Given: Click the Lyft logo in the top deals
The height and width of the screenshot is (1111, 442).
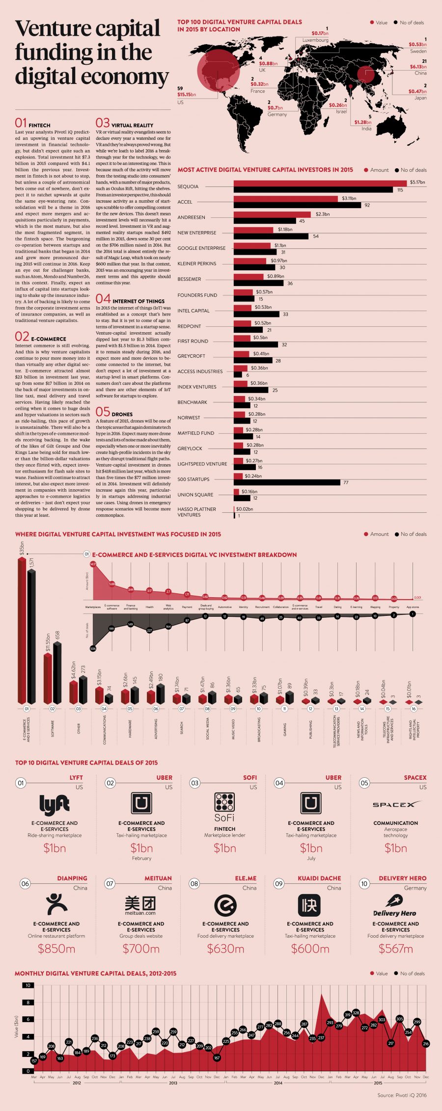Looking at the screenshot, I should tap(54, 805).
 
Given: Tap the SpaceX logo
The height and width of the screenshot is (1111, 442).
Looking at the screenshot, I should tap(396, 805).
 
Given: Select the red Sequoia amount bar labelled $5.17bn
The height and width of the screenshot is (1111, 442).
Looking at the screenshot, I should tap(320, 183).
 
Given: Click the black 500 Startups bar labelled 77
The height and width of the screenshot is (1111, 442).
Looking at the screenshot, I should tap(287, 482).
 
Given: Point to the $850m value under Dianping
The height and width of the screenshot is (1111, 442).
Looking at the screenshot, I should tap(56, 949).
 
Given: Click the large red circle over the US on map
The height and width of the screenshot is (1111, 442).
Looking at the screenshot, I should tap(219, 70).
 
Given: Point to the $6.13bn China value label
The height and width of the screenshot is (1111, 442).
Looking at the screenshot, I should tap(418, 67).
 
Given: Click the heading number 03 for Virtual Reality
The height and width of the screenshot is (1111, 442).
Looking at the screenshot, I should tap(103, 123).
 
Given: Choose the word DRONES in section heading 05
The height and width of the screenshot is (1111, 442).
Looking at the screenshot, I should tap(122, 414).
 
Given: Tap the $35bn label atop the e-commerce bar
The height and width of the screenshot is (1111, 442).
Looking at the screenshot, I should tap(22, 548).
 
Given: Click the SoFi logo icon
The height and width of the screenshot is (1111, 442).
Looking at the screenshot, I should tap(224, 802).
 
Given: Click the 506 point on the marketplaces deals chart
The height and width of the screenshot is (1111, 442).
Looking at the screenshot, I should tap(93, 649).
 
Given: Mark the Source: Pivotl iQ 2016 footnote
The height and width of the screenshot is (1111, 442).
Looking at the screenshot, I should tap(402, 1095).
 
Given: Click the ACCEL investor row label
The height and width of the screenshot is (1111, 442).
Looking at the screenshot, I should tap(185, 202).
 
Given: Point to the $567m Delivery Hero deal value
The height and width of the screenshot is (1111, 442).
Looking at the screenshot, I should tap(395, 949).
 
